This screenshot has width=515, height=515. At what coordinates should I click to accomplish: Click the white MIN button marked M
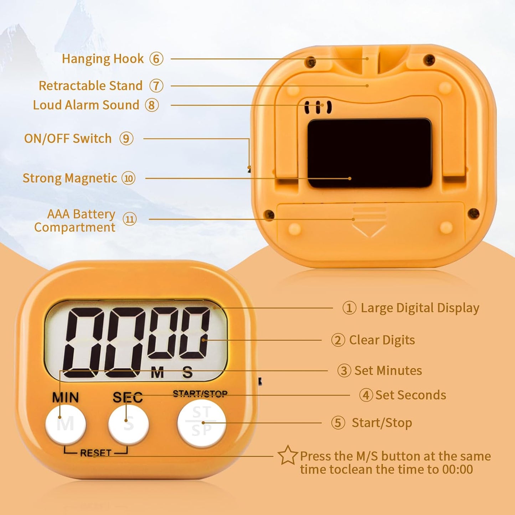[x=66, y=424]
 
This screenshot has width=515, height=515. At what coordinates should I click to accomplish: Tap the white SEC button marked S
[x=128, y=424]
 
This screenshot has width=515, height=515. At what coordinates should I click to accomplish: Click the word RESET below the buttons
[x=96, y=453]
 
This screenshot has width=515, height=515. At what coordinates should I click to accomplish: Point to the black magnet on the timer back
[x=370, y=153]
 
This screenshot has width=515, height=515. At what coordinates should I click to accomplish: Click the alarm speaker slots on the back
[x=318, y=107]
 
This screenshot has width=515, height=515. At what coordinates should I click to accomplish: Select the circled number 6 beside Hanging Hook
[x=156, y=59]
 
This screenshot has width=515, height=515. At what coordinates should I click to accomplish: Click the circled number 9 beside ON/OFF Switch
[x=126, y=139]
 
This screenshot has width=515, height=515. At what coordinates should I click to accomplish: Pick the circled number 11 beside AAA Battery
[x=129, y=219]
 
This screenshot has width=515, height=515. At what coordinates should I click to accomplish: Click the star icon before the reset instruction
[x=287, y=455]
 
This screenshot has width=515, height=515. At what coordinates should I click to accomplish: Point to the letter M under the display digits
[x=157, y=373]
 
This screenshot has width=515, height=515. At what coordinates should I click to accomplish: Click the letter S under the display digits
[x=187, y=373]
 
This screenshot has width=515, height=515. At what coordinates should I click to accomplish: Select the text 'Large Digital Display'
[x=420, y=308]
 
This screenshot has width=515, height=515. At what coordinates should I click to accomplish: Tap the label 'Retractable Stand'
[x=91, y=86]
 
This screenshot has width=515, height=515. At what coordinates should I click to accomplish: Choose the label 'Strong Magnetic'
[x=70, y=178]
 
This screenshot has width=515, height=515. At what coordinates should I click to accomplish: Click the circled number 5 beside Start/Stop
[x=338, y=423]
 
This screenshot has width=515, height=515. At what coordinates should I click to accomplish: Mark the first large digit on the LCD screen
[x=84, y=343]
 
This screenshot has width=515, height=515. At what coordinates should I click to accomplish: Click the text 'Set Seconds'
[x=411, y=395]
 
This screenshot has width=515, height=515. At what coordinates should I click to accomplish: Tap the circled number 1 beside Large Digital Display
[x=349, y=308]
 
